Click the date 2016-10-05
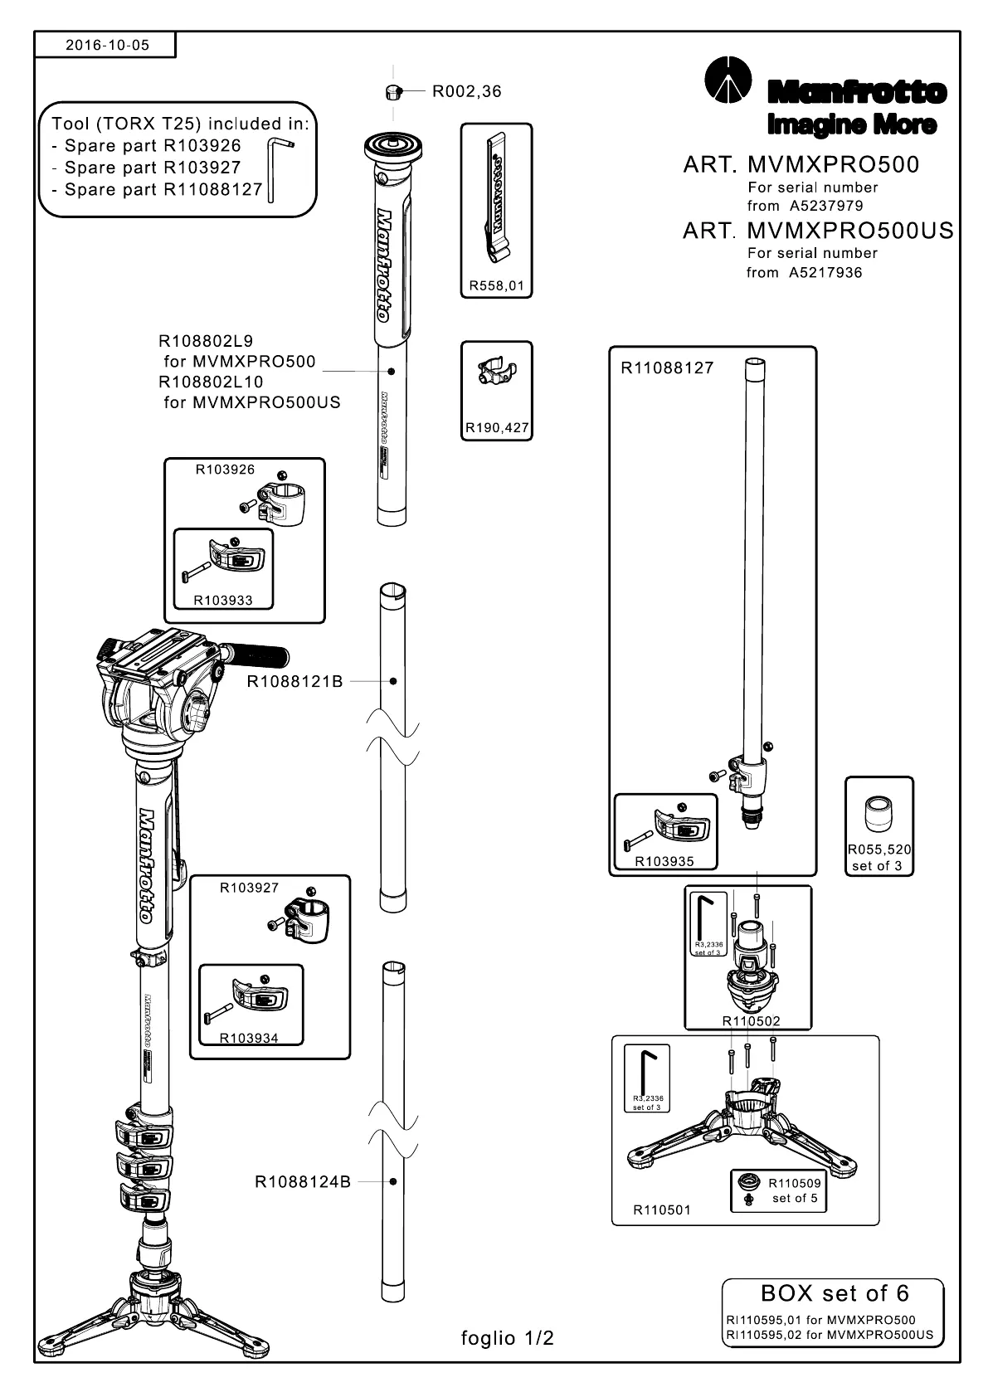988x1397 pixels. point(107,45)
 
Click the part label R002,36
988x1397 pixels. point(466,91)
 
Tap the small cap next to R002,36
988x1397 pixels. point(394,92)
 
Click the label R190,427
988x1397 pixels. point(497,428)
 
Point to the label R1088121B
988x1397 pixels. point(294,682)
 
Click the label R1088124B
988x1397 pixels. point(302,1182)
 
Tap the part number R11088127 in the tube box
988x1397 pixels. point(667,368)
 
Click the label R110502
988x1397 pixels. point(751,1021)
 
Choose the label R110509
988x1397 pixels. point(794,1183)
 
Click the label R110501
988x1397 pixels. point(661,1210)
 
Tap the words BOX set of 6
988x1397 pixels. point(834,1293)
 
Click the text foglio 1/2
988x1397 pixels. point(507,1338)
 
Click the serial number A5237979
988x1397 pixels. point(826,206)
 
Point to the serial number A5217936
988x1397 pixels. point(825,272)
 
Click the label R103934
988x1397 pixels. point(249,1038)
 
